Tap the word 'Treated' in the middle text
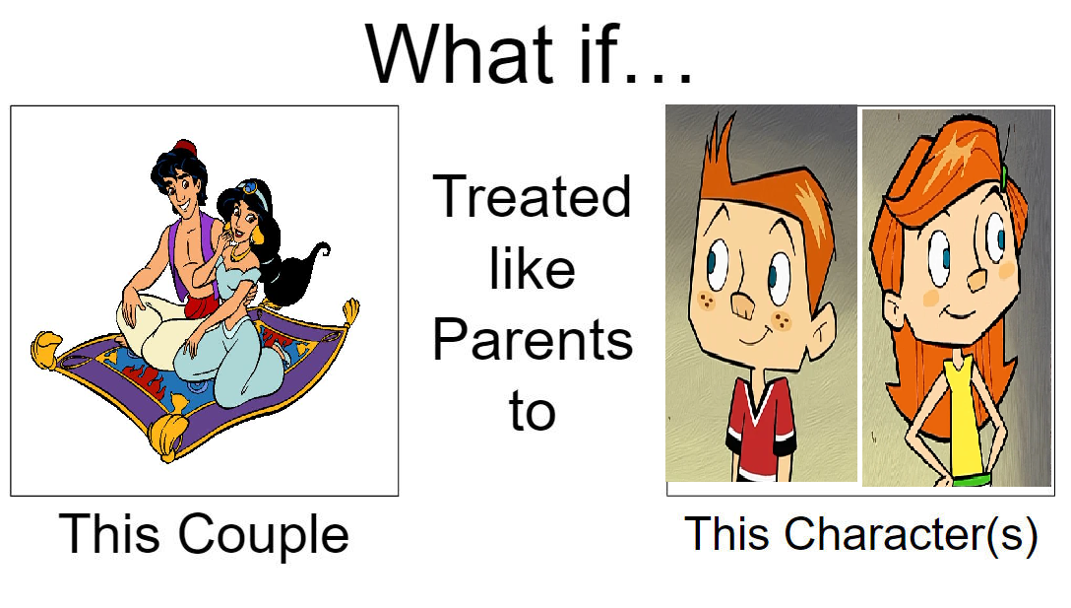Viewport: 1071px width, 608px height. (x=533, y=197)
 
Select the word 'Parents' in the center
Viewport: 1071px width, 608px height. (x=533, y=339)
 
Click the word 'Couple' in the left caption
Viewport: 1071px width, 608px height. (x=264, y=534)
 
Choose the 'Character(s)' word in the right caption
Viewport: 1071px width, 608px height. (x=912, y=534)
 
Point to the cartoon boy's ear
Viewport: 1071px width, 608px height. (x=822, y=334)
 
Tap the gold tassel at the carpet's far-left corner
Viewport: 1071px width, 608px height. (x=46, y=349)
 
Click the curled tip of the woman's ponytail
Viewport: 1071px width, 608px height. (x=321, y=248)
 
